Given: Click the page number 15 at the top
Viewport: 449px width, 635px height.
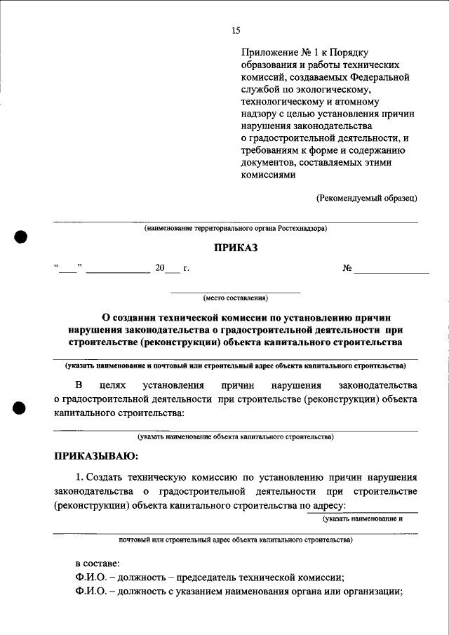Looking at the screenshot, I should pyautogui.click(x=236, y=29).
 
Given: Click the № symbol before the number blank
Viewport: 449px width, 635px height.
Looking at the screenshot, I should pyautogui.click(x=347, y=267).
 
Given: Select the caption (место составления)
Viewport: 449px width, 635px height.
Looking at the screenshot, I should pyautogui.click(x=236, y=297).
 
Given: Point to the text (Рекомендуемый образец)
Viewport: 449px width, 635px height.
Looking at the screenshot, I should pyautogui.click(x=367, y=198).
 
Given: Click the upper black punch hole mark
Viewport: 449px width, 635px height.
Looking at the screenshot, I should pyautogui.click(x=22, y=236).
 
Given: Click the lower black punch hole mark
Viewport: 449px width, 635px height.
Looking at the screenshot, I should pyautogui.click(x=22, y=408).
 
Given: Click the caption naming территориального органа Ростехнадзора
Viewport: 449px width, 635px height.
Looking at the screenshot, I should pyautogui.click(x=236, y=229).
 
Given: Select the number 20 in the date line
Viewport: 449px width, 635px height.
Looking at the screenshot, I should pyautogui.click(x=159, y=267).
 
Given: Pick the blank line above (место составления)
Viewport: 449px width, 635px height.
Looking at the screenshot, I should pyautogui.click(x=236, y=290).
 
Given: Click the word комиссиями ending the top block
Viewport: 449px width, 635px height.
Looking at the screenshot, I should pyautogui.click(x=264, y=175).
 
